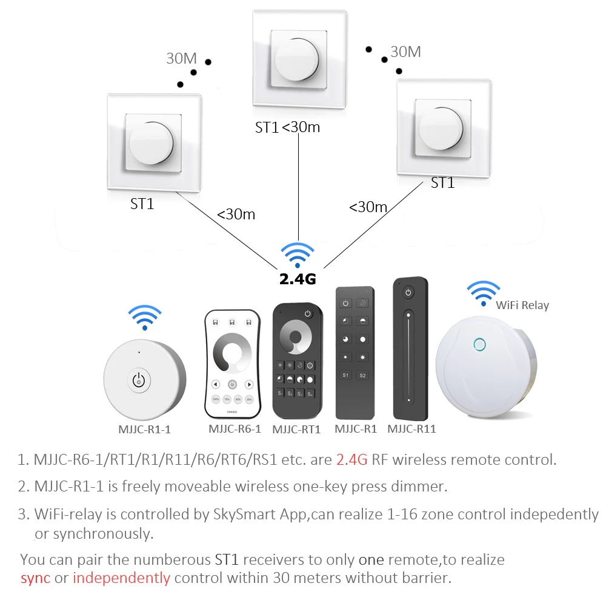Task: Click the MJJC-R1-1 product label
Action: point(144,429)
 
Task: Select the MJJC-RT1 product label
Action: point(296,429)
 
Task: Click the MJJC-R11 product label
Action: point(411,429)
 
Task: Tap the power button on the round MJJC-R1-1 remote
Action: point(139,381)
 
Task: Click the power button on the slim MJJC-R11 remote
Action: point(408,293)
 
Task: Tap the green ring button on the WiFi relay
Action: point(479,344)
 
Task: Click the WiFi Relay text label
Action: point(522,305)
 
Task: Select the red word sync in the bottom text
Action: point(35,578)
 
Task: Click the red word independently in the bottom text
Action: point(121,578)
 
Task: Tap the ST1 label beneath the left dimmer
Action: point(142,204)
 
